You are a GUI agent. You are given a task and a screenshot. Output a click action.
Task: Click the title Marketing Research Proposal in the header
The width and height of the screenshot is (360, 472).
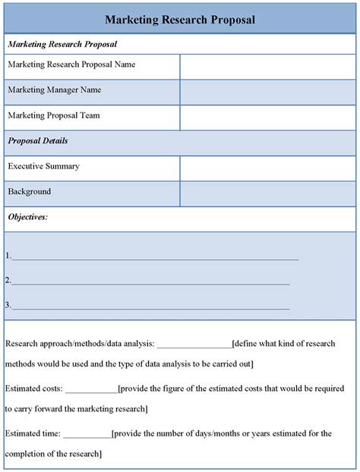[180, 18]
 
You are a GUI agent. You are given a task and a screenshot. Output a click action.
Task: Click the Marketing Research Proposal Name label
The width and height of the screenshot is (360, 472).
[71, 65]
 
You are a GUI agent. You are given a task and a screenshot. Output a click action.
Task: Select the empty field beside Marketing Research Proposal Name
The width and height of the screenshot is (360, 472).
[267, 66]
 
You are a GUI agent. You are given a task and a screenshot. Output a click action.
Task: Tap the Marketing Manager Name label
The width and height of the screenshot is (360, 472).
[54, 90]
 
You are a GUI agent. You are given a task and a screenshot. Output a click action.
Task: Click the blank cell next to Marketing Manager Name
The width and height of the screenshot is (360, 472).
[267, 92]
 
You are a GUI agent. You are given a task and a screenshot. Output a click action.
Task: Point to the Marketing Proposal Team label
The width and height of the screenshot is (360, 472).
[53, 116]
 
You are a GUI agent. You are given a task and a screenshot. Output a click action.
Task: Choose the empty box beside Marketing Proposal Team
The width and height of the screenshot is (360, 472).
[267, 118]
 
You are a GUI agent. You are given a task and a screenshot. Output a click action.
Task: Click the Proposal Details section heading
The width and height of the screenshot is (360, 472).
[38, 141]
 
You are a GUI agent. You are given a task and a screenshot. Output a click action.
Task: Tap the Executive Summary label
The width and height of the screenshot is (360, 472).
[43, 166]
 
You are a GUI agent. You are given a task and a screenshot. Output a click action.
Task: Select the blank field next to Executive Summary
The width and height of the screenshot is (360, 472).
[267, 168]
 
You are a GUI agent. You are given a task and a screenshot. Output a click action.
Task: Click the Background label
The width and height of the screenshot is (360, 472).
[30, 192]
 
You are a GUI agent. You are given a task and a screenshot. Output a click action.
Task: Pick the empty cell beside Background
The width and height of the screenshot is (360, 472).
[267, 194]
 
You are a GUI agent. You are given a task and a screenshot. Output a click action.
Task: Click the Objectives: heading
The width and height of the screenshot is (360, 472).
[27, 218]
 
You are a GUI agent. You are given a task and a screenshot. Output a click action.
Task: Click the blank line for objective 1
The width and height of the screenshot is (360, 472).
[155, 257]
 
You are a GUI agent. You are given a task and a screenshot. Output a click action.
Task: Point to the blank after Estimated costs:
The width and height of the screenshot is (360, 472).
[91, 390]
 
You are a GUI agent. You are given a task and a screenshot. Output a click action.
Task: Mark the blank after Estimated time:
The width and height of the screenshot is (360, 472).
[87, 435]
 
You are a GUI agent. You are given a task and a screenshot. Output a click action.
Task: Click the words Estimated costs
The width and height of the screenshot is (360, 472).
[33, 389]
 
